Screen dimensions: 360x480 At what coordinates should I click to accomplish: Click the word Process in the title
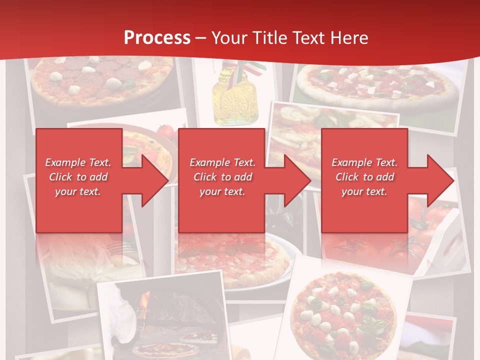coord(157,38)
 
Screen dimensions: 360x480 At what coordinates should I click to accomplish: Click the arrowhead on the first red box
coord(150,180)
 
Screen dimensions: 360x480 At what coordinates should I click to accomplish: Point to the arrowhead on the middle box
coord(293,180)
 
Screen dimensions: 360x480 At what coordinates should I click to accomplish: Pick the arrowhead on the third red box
coord(435,180)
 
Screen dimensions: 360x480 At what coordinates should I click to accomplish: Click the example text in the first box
coord(78,177)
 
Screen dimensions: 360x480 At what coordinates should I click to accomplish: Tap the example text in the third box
coord(364,177)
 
